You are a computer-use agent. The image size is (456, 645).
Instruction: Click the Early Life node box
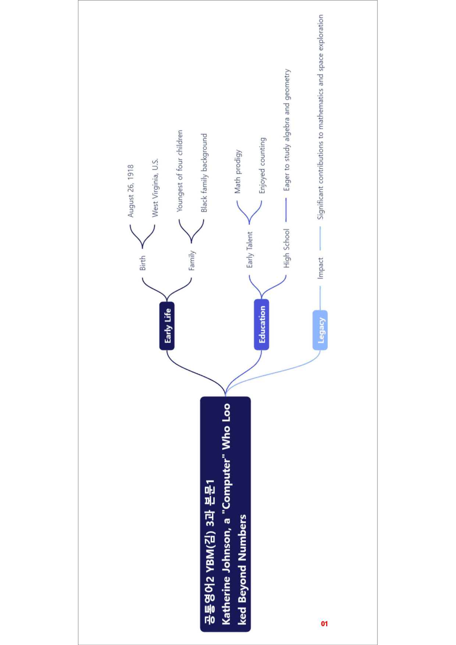(x=167, y=326)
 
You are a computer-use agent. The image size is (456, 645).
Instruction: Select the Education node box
(x=261, y=324)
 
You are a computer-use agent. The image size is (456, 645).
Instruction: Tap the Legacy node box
(x=320, y=330)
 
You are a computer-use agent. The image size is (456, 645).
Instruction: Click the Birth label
(x=143, y=263)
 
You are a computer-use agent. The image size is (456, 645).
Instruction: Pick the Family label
(x=192, y=260)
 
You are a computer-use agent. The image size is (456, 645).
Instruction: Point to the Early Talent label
(x=249, y=249)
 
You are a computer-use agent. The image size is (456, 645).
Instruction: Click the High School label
(x=286, y=248)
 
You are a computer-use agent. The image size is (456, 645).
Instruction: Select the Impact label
(x=320, y=268)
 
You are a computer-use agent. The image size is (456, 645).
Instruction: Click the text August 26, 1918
(x=131, y=191)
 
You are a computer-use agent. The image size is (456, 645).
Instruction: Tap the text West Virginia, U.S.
(x=155, y=188)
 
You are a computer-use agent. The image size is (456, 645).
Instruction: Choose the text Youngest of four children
(x=179, y=171)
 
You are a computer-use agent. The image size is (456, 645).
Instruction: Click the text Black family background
(x=204, y=173)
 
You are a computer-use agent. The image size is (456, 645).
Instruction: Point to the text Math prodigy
(x=238, y=171)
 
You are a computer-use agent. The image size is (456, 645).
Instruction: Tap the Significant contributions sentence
(x=321, y=117)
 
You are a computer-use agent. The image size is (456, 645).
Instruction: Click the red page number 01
(x=324, y=624)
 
